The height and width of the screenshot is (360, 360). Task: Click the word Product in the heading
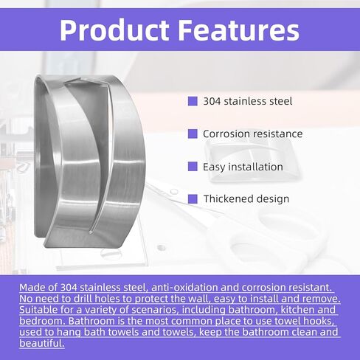114,30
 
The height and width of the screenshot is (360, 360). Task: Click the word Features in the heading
238,30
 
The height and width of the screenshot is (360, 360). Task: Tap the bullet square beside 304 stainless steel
193,101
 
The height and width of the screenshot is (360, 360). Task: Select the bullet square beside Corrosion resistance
193,134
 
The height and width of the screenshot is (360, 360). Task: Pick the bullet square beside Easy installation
193,167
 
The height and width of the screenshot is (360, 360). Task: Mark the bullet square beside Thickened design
193,199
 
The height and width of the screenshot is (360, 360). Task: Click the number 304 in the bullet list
212,101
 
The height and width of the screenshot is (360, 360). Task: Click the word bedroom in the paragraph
42,321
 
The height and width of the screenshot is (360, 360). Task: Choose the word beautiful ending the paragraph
42,343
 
